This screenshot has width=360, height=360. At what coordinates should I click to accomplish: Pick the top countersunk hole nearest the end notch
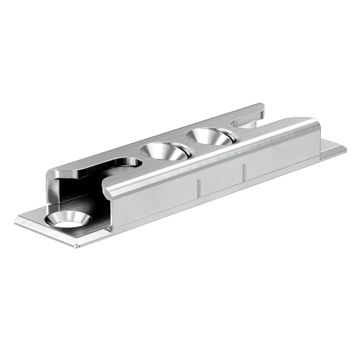click(x=210, y=137)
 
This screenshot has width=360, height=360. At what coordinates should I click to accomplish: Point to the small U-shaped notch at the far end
click(x=246, y=124)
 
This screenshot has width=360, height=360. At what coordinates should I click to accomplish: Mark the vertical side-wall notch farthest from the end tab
click(x=199, y=187)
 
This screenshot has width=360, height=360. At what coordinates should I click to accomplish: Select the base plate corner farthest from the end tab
click(x=16, y=221)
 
